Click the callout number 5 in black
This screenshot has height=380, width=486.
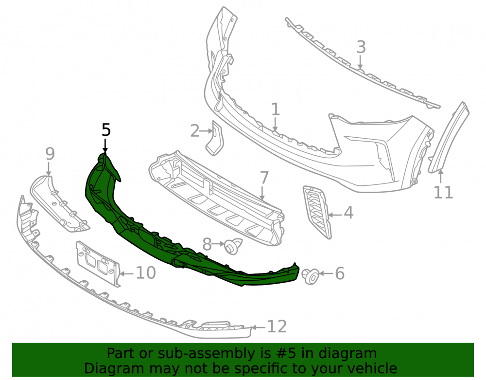click(106, 129)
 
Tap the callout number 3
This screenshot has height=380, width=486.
click(361, 47)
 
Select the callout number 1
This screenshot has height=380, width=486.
click(275, 109)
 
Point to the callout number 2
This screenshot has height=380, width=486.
click(195, 131)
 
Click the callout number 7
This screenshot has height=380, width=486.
click(264, 178)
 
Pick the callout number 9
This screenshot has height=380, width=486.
click(50, 154)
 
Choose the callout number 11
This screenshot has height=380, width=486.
click(443, 192)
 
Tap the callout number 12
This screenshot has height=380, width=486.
click(277, 326)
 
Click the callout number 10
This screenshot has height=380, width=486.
click(146, 272)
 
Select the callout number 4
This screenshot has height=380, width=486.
click(348, 213)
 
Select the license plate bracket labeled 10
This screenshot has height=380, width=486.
click(98, 264)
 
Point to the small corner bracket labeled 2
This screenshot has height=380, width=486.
click(215, 138)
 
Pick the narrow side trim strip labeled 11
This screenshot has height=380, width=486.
click(449, 137)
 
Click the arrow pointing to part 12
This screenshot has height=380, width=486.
click(259, 327)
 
